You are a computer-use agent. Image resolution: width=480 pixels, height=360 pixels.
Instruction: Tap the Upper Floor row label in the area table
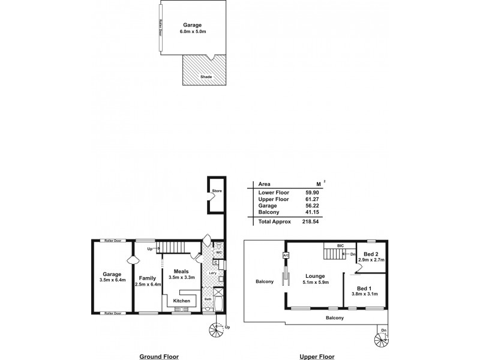274,199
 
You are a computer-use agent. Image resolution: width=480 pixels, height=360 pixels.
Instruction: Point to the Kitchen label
182,301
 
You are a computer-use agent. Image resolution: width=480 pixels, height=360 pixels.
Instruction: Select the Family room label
148,278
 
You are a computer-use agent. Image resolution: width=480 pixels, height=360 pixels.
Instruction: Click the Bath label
208,298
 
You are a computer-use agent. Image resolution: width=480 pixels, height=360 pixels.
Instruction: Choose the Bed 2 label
371,253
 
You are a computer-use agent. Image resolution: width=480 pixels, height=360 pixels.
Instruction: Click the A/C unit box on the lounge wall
286,255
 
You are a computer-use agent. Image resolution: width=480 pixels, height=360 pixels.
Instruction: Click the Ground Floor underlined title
159,356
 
